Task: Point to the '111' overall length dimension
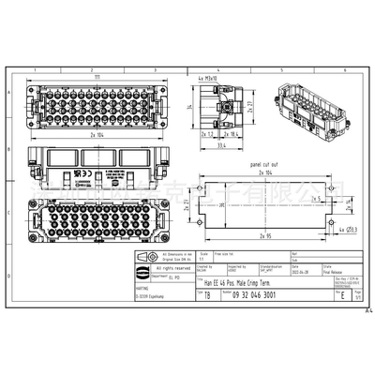coord(97,69)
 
